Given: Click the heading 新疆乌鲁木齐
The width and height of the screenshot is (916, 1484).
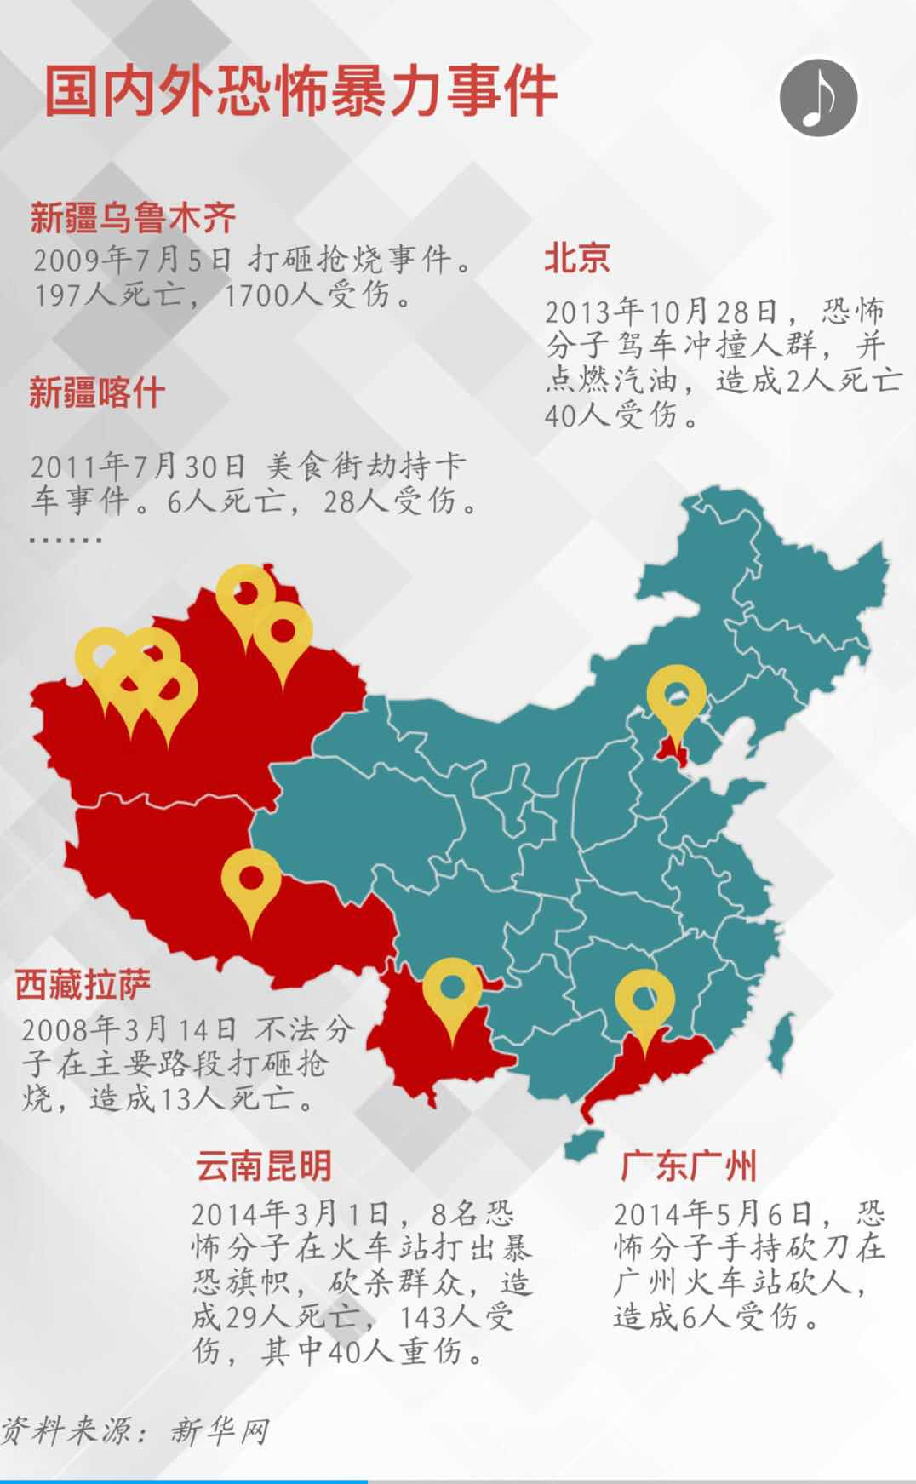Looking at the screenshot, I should pos(133,218).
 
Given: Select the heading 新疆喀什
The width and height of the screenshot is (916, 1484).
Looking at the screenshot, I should pos(96,393).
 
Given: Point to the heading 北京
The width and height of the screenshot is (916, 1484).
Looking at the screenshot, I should pos(576,257).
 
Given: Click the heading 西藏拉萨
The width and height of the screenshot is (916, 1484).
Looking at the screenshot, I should pos(83,984).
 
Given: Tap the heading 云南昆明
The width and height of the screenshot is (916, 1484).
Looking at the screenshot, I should pos(263,1166).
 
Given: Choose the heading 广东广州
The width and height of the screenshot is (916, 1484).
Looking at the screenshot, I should pos(688,1166).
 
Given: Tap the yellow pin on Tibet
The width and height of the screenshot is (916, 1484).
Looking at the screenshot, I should pos(251,882).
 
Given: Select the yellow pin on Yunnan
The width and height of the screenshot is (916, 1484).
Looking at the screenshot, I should pos(452,991).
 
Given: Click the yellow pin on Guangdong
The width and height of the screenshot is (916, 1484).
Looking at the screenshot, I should pos(644,1003).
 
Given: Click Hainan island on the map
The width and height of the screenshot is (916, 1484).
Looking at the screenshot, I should pos(584,1144).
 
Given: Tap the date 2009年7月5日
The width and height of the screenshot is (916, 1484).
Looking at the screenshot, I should pos(132,260).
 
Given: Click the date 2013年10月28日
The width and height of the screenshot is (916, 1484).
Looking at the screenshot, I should pos(661,312).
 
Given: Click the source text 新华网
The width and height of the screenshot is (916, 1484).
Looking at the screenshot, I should pos(219,1430).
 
